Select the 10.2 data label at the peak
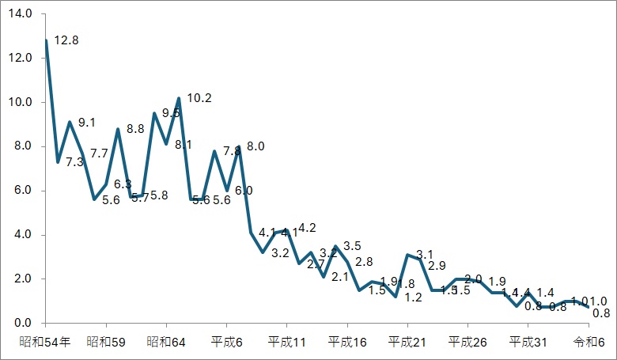tap(198, 99)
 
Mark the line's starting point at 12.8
tap(46, 40)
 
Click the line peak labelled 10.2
tap(180, 98)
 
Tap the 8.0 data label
tap(255, 146)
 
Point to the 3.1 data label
tap(425, 254)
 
